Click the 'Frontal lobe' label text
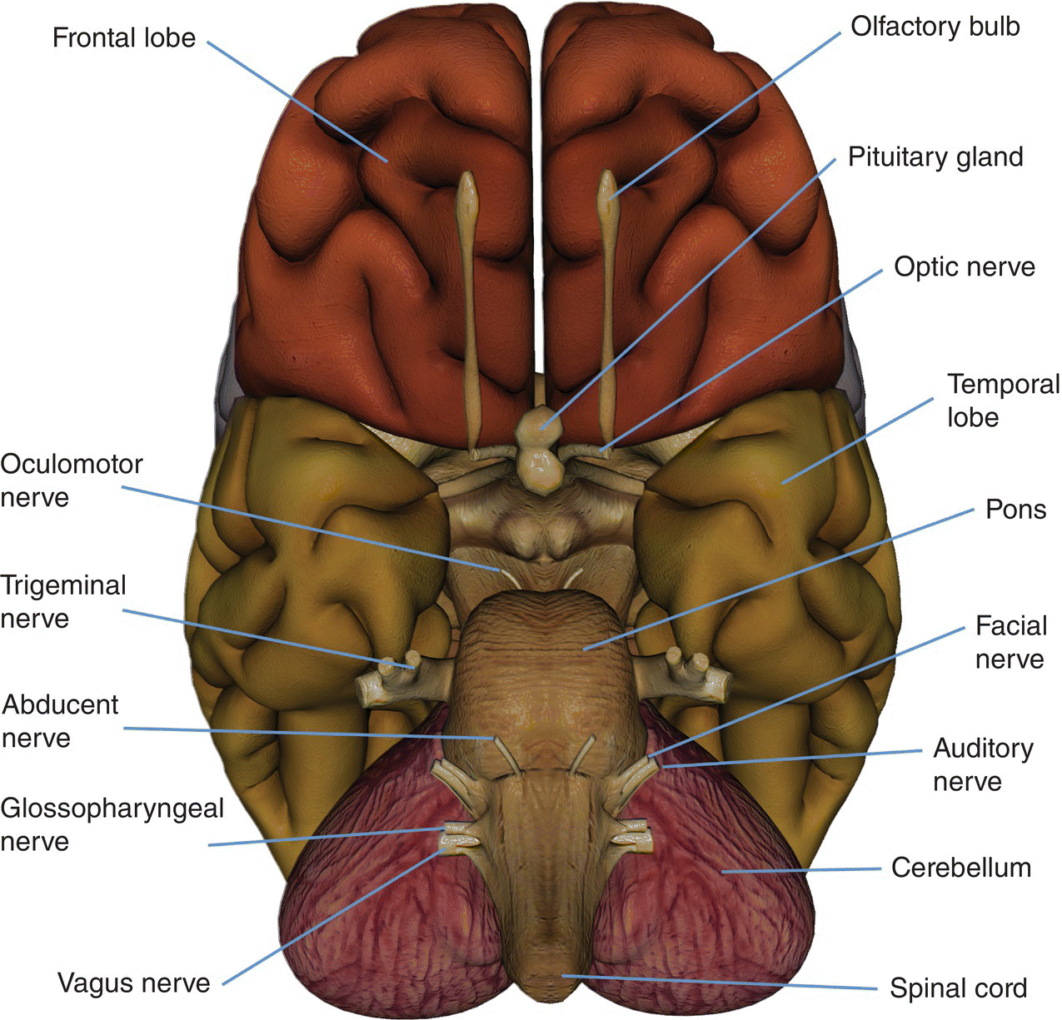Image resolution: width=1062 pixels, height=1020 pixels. [x=123, y=37]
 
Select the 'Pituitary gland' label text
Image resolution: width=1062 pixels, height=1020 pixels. [x=935, y=157]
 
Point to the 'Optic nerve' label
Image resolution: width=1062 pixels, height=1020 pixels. [x=964, y=266]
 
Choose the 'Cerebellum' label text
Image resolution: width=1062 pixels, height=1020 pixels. [x=960, y=868]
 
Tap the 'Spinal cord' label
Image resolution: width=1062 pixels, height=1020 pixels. [x=958, y=988]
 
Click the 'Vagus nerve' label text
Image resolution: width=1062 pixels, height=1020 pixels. [x=133, y=983]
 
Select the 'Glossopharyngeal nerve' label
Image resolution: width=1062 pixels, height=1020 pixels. [x=112, y=824]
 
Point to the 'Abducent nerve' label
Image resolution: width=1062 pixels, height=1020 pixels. [x=60, y=721]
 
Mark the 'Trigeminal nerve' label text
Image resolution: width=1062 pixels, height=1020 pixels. [x=63, y=602]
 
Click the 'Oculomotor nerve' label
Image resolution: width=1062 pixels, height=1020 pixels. [x=72, y=480]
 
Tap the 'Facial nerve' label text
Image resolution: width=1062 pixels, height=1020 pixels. [x=1010, y=642]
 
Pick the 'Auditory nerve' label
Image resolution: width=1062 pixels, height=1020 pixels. [x=982, y=764]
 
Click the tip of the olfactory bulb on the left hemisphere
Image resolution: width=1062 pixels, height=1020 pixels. [x=468, y=182]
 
